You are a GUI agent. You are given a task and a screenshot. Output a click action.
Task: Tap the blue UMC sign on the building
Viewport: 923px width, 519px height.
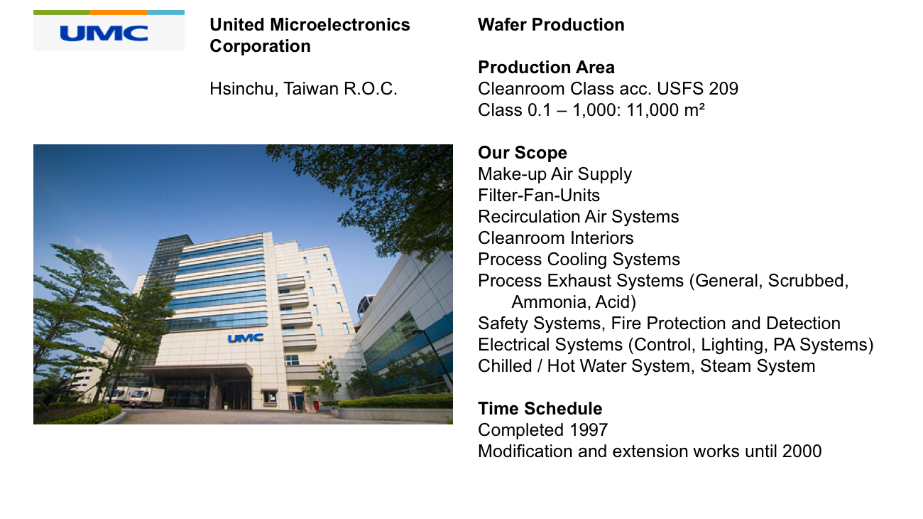point(246,338)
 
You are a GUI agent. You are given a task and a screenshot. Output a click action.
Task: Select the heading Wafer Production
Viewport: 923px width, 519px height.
point(551,25)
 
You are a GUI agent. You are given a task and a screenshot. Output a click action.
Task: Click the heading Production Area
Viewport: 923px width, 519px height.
point(546,68)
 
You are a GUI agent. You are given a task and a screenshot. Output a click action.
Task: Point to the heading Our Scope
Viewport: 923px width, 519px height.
point(523,153)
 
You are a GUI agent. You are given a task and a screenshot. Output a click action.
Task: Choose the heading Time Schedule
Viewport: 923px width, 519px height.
point(540,408)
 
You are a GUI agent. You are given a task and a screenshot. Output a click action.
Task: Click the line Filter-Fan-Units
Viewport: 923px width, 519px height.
point(539,195)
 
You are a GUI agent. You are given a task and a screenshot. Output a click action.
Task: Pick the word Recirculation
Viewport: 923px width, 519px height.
point(529,217)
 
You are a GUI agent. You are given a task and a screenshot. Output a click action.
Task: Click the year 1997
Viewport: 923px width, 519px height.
point(589,430)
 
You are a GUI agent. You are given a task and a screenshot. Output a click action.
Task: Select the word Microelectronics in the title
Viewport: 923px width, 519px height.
point(340,25)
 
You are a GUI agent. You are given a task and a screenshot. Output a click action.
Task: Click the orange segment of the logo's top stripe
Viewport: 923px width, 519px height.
point(119,12)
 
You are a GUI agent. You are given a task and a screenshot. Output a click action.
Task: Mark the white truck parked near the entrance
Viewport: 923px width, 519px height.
point(142,397)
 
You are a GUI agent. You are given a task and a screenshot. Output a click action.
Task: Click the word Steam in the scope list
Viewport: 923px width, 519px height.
point(725,366)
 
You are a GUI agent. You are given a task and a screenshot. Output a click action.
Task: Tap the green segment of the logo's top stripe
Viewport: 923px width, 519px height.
point(61,12)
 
